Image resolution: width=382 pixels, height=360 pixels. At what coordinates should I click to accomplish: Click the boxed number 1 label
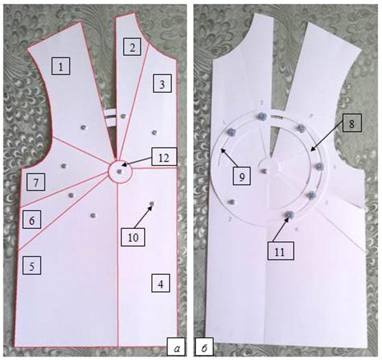[61, 66]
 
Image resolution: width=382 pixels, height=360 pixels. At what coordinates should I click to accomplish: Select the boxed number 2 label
[133, 46]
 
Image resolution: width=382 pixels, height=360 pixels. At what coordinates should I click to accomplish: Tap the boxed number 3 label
[162, 83]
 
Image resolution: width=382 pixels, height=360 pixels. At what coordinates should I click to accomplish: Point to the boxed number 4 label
[161, 283]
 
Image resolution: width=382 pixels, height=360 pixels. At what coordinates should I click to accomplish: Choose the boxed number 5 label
[31, 266]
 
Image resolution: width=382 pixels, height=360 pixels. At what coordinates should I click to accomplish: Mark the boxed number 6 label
[31, 220]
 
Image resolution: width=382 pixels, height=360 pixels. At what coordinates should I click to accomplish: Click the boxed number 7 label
[36, 182]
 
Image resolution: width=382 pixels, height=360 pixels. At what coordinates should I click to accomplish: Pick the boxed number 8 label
[352, 123]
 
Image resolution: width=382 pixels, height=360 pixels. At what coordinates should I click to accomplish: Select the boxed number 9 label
[241, 176]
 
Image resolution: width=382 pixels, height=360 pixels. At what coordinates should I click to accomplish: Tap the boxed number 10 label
[133, 237]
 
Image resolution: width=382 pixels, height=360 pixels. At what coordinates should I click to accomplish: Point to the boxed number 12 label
[164, 157]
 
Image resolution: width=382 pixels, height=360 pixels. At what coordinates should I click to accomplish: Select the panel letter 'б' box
[204, 347]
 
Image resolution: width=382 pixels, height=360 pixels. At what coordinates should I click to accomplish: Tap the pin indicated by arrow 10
[152, 204]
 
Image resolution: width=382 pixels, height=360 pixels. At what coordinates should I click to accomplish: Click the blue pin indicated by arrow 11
[290, 214]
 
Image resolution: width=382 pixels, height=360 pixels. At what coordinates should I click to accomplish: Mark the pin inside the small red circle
[120, 171]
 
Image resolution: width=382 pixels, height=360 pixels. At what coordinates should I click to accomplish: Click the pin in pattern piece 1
[83, 127]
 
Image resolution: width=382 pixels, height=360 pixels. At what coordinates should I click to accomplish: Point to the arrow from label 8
[327, 137]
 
